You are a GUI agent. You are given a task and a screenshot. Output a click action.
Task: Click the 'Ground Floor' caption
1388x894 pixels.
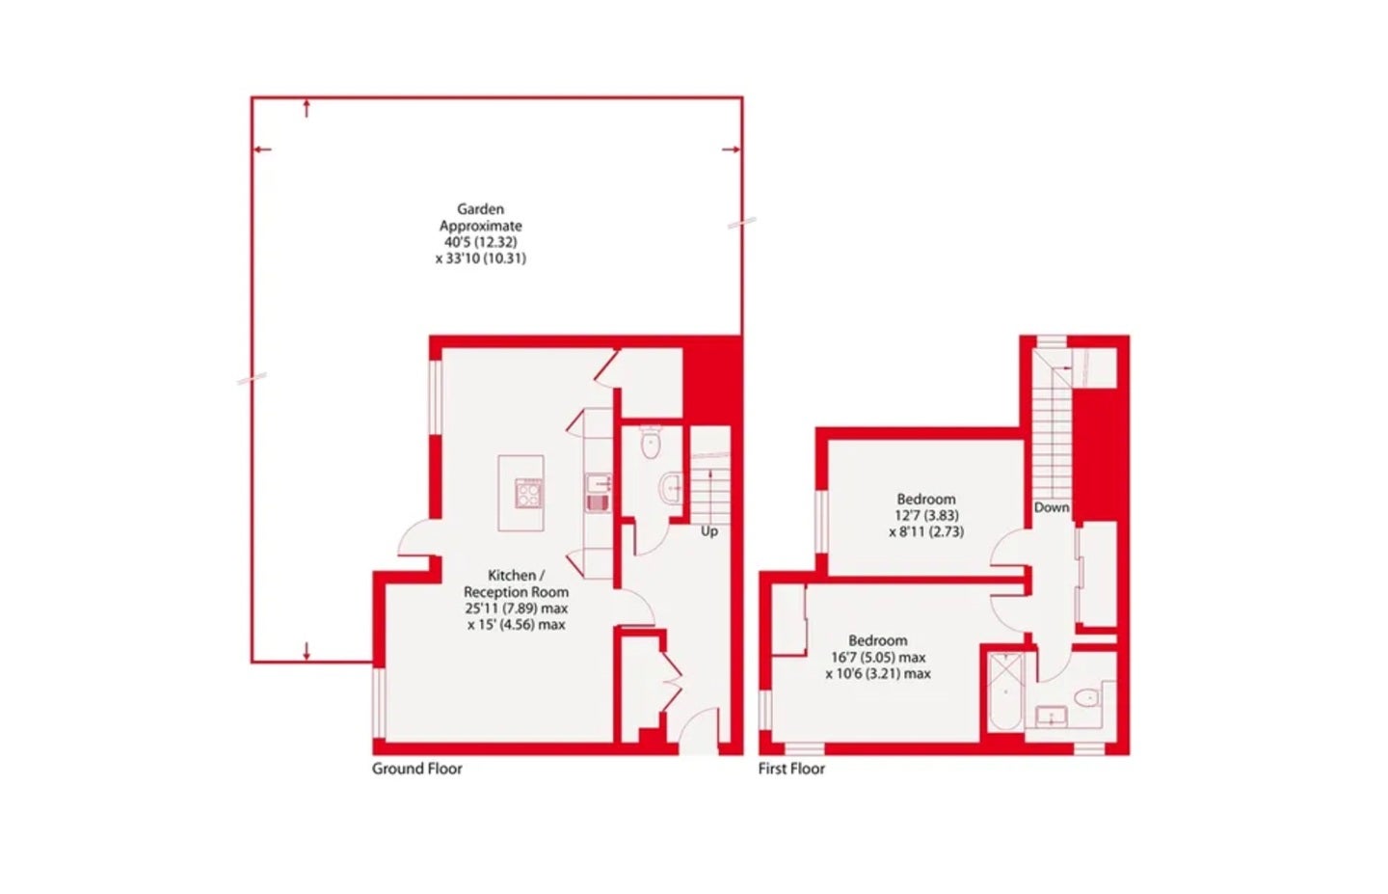click(417, 769)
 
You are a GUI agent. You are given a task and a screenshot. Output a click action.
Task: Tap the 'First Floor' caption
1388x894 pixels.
click(791, 769)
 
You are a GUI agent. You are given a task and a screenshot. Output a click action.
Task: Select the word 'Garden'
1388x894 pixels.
click(480, 209)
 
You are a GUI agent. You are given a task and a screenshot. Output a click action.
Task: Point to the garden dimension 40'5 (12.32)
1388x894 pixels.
click(480, 242)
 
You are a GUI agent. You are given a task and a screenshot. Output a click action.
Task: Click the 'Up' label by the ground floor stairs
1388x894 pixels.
click(709, 531)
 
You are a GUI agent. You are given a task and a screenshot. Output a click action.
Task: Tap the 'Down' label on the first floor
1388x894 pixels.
click(1052, 507)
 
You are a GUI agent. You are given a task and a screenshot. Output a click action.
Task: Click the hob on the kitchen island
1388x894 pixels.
click(528, 494)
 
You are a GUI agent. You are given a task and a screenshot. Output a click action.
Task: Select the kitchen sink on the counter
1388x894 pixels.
click(598, 493)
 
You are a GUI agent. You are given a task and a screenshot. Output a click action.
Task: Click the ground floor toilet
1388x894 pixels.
click(650, 442)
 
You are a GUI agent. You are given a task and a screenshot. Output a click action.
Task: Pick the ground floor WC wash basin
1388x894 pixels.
click(671, 489)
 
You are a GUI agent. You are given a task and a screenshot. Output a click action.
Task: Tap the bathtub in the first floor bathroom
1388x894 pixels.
click(1005, 691)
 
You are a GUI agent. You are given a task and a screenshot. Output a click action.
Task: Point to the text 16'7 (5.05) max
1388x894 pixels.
click(878, 657)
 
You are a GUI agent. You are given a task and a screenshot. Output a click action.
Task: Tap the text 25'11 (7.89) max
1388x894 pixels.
click(517, 609)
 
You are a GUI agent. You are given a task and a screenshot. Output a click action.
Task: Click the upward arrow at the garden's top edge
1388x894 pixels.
click(307, 108)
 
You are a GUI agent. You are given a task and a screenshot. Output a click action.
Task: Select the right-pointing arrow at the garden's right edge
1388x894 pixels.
click(732, 149)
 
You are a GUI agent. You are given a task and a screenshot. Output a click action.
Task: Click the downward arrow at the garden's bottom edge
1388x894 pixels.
click(307, 651)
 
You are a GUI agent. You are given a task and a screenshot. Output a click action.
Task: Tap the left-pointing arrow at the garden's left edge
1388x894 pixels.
click(263, 149)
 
